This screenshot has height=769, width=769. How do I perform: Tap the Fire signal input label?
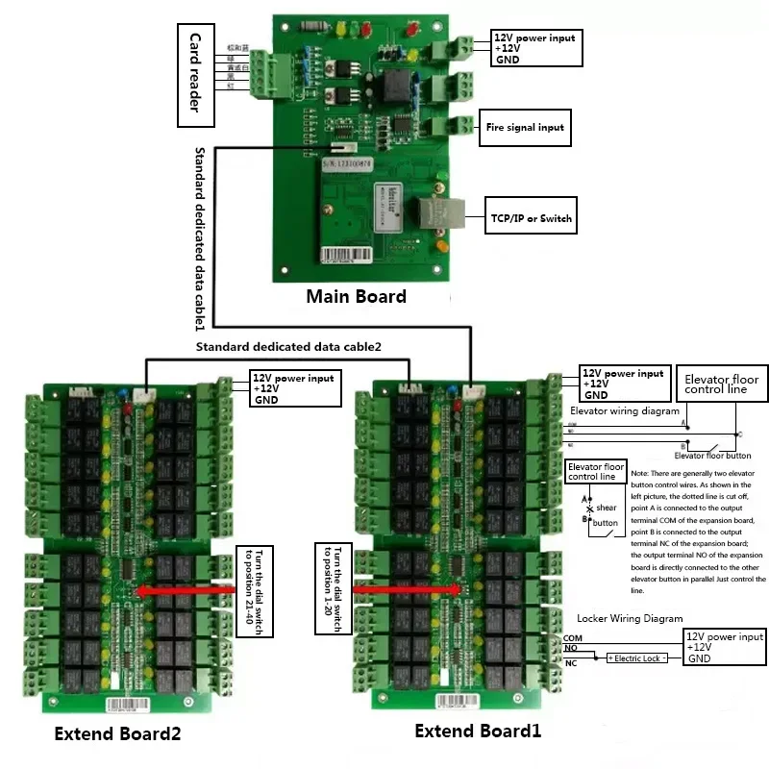pos(524,127)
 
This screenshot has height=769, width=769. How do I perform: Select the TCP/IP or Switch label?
pos(531,219)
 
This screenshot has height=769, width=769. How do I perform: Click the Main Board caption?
pos(356,296)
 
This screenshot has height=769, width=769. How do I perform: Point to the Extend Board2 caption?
pos(117,735)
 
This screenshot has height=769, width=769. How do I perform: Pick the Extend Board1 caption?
pos(478,732)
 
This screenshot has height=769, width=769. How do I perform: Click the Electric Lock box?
pos(635,658)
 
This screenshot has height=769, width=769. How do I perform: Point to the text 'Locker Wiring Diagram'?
pos(630,618)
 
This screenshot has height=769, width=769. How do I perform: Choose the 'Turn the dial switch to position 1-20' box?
pos(335,588)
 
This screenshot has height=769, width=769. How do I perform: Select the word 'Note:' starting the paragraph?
pos(639,475)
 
